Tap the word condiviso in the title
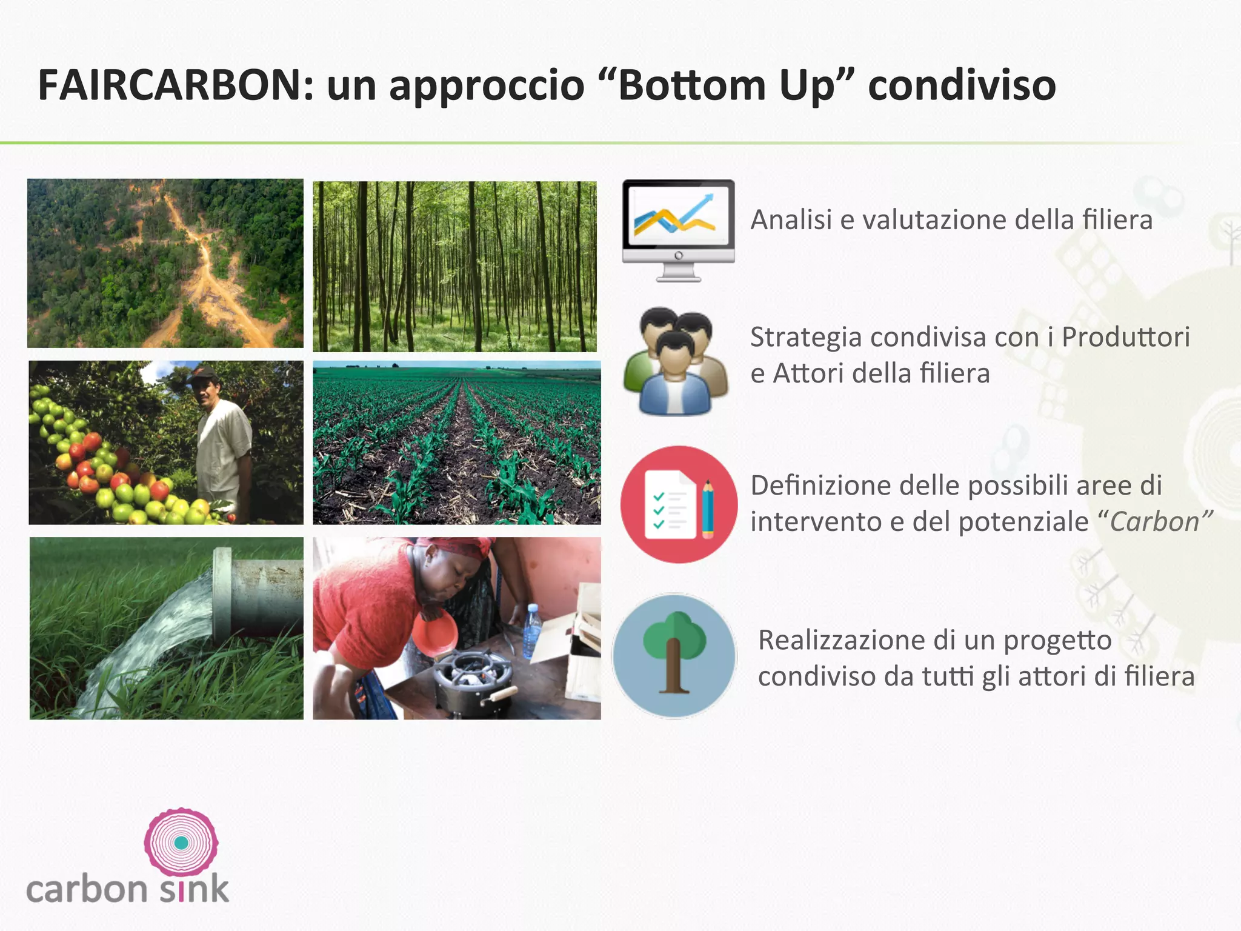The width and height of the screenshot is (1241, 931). [x=962, y=85]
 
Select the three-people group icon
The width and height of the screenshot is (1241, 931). [x=675, y=362]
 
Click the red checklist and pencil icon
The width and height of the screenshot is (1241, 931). [x=679, y=504]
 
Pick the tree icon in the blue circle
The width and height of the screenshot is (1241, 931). [x=674, y=656]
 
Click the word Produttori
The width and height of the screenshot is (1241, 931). [x=1125, y=337]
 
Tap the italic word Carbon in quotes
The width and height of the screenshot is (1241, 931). [x=1154, y=522]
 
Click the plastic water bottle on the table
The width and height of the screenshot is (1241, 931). [x=531, y=630]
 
